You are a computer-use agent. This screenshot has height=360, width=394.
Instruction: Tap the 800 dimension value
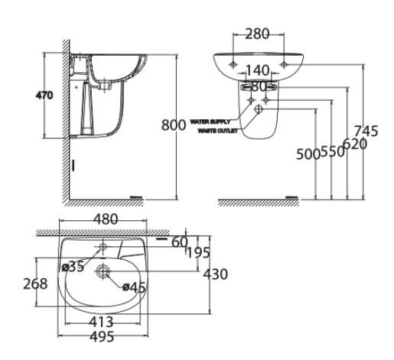174,125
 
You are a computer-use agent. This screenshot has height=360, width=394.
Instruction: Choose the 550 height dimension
330,151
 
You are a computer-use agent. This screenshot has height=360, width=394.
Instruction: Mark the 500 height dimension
308,154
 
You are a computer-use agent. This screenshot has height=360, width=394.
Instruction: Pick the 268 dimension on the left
34,284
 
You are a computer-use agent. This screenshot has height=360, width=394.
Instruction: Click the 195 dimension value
197,252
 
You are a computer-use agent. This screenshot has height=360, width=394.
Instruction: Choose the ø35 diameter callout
73,267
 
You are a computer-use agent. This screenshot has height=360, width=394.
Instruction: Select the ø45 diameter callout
135,287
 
